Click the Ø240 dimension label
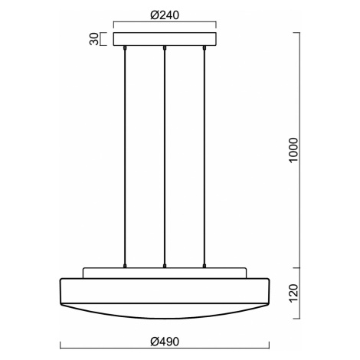[x=165, y=15]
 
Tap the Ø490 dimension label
[x=165, y=342]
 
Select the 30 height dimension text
[x=93, y=39]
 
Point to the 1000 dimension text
[x=293, y=149]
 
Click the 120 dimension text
[x=293, y=293]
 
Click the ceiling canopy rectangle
[x=165, y=39]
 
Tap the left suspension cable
[x=125, y=157]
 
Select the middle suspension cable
[x=165, y=157]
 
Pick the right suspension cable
[x=204, y=157]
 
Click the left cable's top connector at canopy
[x=125, y=47]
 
